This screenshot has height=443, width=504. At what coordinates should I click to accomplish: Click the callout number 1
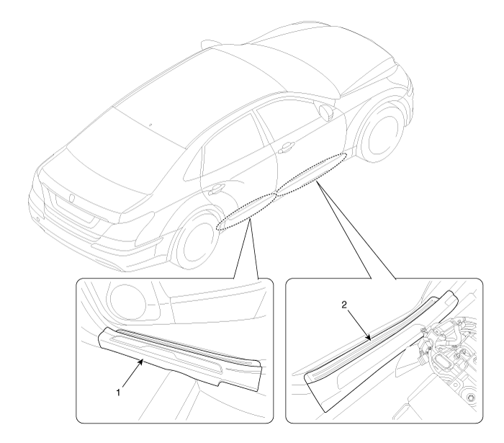[x=118, y=392]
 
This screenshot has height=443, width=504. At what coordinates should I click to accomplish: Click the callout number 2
[x=344, y=305]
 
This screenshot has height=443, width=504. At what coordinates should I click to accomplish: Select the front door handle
[x=287, y=147]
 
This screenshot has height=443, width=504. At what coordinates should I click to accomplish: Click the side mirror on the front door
[x=326, y=112]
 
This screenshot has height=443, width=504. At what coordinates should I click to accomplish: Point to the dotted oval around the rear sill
[x=246, y=211]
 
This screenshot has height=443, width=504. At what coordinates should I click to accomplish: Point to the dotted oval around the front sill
[x=312, y=174]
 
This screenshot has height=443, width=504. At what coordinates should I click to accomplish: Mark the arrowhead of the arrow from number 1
[x=141, y=361]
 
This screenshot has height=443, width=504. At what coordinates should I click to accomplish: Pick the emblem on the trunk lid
[x=72, y=198]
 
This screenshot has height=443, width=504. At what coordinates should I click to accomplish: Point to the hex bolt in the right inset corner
[x=470, y=398]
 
